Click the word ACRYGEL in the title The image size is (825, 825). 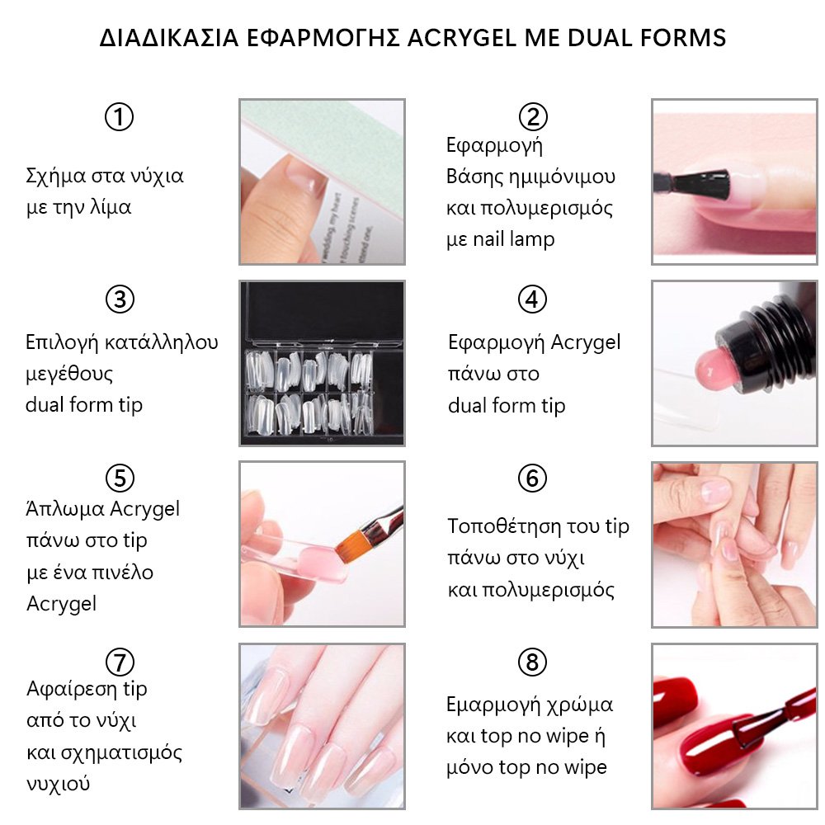(x=462, y=38)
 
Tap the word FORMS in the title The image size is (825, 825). (x=683, y=38)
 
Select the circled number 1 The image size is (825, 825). (x=119, y=117)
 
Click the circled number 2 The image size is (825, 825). (x=533, y=117)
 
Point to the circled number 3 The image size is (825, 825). (x=120, y=299)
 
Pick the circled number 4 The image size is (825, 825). (x=532, y=299)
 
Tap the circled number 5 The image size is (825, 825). (x=120, y=478)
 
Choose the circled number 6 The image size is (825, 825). (x=532, y=478)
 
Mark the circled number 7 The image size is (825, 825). (x=120, y=662)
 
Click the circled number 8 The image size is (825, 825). (x=532, y=662)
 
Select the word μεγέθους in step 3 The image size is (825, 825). (x=69, y=375)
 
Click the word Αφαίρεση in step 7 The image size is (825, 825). (x=72, y=689)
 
